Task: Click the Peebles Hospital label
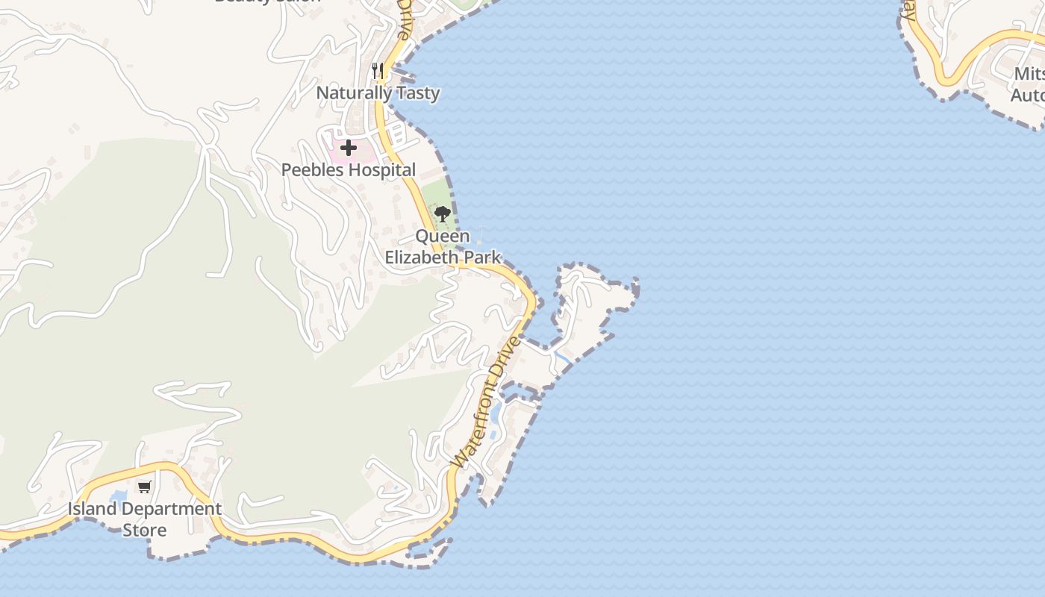click(x=348, y=170)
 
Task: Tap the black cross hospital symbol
click(x=349, y=148)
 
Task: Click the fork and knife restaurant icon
click(x=378, y=72)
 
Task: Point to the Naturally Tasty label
click(x=378, y=93)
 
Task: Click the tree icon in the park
click(x=443, y=214)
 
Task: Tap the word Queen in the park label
click(x=443, y=237)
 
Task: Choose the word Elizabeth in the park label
click(x=419, y=257)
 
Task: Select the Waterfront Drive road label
click(x=484, y=403)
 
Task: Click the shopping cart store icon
click(x=144, y=487)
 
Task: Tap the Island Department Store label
click(x=145, y=519)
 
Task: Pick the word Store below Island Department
click(x=145, y=531)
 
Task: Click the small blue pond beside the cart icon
click(x=119, y=496)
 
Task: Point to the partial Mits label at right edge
click(x=1029, y=75)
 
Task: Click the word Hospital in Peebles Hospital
click(x=381, y=170)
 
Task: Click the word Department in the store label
click(x=171, y=510)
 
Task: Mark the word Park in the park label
click(x=484, y=257)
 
